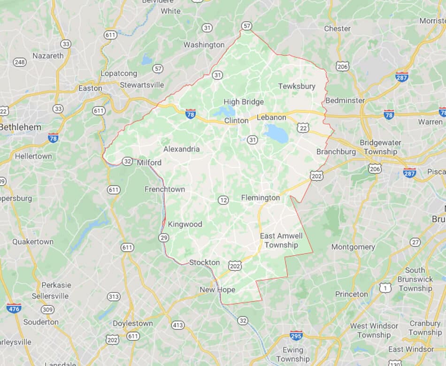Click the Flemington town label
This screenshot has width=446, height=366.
[261, 198]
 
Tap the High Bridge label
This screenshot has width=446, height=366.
[244, 102]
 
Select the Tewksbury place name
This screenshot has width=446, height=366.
[297, 86]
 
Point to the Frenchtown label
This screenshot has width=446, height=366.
[165, 189]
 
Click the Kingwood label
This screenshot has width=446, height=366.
[185, 224]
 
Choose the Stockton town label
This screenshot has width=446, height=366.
[204, 262]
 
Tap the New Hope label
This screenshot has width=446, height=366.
[217, 290]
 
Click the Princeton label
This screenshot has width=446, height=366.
[352, 294]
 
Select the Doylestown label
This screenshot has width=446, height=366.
[132, 323]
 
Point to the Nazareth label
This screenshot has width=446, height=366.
[48, 55]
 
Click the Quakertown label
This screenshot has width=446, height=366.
[33, 242]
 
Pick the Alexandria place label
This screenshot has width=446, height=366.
[181, 149]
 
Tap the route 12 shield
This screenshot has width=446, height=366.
[223, 200]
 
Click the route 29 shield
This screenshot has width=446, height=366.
[163, 237]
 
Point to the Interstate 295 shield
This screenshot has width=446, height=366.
[296, 335]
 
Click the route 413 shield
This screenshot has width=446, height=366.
[178, 325]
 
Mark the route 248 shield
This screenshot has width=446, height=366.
[20, 62]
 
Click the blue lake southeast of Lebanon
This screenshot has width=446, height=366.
[277, 134]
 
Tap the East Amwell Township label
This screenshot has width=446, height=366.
[281, 240]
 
